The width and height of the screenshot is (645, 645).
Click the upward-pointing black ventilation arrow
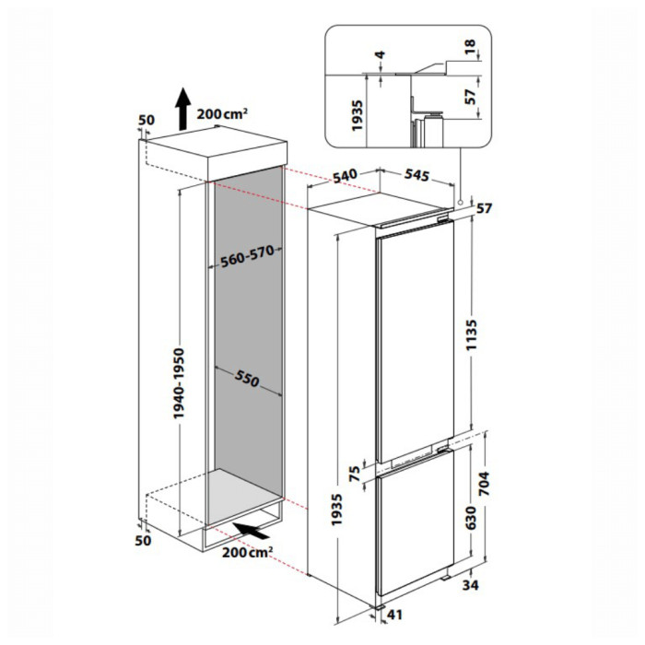point(182,109)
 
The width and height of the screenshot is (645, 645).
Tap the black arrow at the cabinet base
point(251,530)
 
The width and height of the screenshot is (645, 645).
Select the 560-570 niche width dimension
point(247,256)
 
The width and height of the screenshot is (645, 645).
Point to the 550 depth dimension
point(247,378)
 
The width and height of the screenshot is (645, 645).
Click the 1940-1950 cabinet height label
point(179,383)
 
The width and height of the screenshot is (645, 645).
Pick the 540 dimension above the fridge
point(345,176)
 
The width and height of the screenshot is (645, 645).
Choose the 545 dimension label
point(416,175)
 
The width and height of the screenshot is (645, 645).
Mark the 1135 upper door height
point(471,334)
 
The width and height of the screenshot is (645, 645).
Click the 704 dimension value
point(485,484)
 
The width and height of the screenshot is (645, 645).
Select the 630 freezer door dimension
point(471,518)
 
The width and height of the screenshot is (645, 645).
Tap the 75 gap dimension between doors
point(355,474)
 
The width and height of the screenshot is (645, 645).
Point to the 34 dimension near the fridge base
point(471,584)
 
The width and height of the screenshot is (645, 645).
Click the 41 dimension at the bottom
point(394,615)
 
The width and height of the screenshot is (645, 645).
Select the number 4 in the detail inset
point(381,54)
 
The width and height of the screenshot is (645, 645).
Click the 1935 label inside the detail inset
point(358,115)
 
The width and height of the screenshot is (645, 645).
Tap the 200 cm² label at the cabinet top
point(222,113)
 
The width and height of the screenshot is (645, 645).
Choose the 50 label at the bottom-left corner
point(143,540)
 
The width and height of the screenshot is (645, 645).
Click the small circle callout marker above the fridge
point(460,203)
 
